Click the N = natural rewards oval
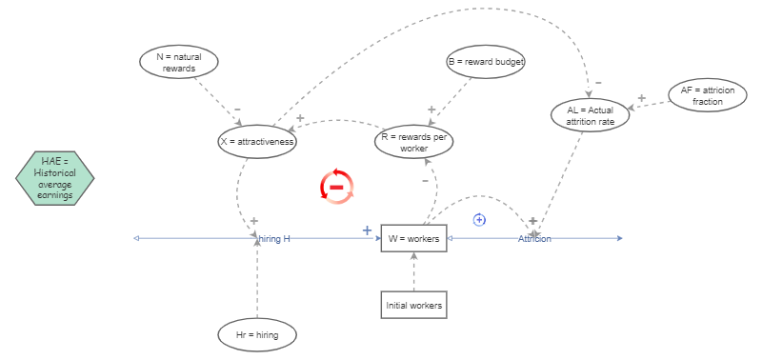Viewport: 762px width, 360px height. [x=179, y=62]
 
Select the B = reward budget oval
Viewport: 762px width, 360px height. [x=487, y=62]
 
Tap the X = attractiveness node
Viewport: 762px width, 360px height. [x=257, y=142]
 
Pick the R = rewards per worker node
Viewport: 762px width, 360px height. [x=413, y=142]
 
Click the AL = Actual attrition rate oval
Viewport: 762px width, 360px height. [x=591, y=115]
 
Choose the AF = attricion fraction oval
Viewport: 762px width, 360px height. [x=708, y=95]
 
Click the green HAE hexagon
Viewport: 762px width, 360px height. [x=55, y=178]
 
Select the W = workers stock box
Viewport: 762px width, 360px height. [x=413, y=238]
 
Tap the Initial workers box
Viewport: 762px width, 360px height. [x=413, y=306]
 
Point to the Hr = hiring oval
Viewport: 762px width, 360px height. [x=257, y=334]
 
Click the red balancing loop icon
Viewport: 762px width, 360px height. [x=337, y=186]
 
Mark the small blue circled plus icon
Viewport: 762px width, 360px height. [x=480, y=220]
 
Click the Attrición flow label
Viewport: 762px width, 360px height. [x=534, y=238]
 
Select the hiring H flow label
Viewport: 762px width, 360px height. [x=274, y=238]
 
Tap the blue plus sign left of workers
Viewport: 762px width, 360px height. [x=367, y=230]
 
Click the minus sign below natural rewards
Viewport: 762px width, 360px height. [x=237, y=109]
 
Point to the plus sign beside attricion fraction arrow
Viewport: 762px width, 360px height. [x=641, y=98]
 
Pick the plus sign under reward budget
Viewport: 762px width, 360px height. [x=431, y=110]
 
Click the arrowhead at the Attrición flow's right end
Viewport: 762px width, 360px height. [x=619, y=238]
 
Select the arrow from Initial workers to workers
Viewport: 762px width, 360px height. [x=413, y=271]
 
